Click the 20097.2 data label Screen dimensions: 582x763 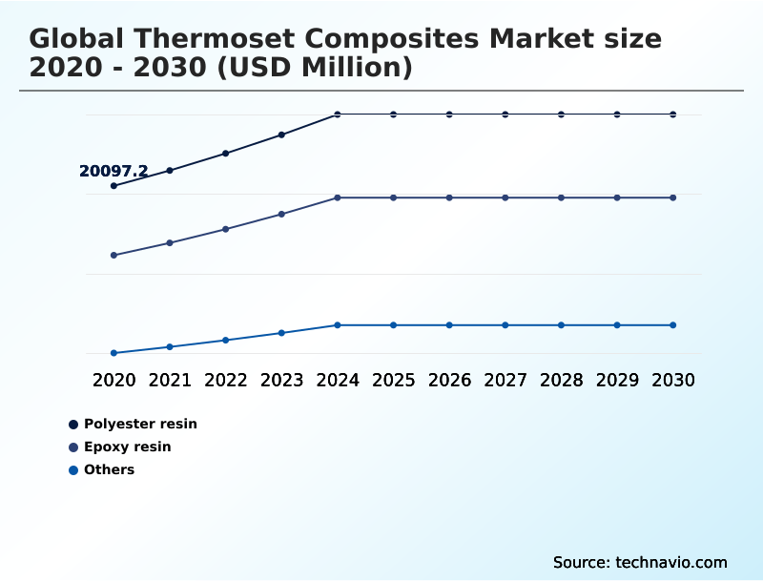click(x=113, y=172)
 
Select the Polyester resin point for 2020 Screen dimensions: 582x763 click(x=113, y=186)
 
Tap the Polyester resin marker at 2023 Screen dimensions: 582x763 click(x=281, y=135)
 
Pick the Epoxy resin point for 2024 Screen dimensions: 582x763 click(x=338, y=197)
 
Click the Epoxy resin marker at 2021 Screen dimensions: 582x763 click(x=170, y=243)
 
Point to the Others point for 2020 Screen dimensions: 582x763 click(x=113, y=353)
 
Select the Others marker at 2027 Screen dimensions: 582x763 click(x=505, y=325)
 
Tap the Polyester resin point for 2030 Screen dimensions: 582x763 click(x=673, y=114)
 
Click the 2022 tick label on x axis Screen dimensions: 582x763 click(x=226, y=380)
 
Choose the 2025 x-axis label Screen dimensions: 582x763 click(x=393, y=380)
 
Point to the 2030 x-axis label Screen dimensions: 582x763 click(x=673, y=380)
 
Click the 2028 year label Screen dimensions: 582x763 click(x=561, y=380)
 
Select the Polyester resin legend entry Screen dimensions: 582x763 click(x=139, y=424)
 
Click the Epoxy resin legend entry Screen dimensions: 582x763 click(x=127, y=447)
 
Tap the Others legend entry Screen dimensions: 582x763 click(x=109, y=469)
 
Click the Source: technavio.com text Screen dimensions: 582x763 click(x=640, y=562)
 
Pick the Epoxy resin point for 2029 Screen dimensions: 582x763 click(x=617, y=197)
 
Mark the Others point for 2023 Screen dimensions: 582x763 click(x=281, y=333)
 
